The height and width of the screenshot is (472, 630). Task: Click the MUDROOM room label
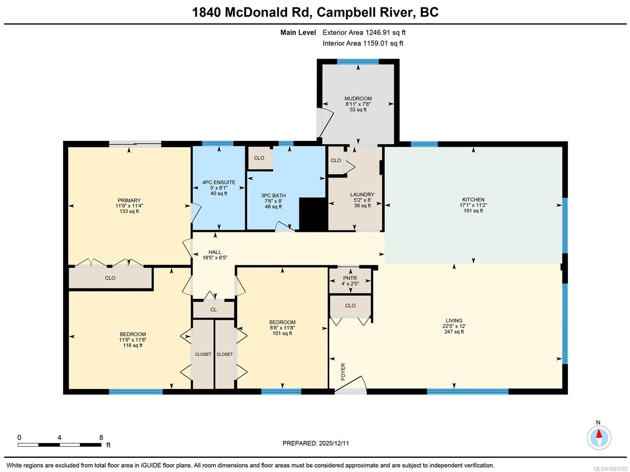tap(358, 98)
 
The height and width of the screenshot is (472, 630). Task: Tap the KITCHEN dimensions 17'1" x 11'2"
tap(473, 205)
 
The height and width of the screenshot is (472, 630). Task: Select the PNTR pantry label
tap(350, 278)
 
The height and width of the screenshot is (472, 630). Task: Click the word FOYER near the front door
tap(343, 372)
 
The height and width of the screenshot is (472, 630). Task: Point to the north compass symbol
tap(599, 437)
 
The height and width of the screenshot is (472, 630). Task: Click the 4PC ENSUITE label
tap(219, 182)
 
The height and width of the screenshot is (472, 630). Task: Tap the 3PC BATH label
tap(273, 195)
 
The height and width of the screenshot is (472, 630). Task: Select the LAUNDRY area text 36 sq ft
tap(362, 206)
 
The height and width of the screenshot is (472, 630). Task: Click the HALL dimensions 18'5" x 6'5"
tap(215, 258)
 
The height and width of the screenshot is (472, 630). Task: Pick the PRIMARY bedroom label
tap(129, 200)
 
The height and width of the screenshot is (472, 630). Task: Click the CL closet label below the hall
tap(213, 310)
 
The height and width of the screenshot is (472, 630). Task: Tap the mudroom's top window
tap(358, 61)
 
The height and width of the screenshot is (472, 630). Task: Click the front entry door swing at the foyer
tap(352, 384)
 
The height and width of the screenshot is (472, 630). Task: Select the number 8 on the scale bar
tap(101, 437)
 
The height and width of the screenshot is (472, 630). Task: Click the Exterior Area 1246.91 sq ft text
tap(364, 33)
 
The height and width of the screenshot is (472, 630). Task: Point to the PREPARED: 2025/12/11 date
tap(315, 443)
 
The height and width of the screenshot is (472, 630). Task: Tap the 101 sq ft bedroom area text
tap(282, 333)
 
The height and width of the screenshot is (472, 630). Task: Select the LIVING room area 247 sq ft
tap(454, 332)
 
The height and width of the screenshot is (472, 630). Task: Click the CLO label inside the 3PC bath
tap(259, 158)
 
